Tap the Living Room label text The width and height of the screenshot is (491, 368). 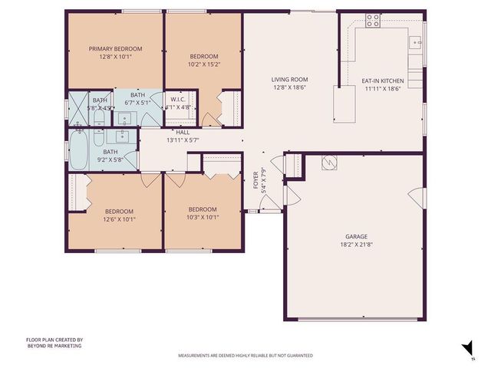(289, 79)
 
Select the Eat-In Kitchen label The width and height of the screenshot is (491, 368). (383, 79)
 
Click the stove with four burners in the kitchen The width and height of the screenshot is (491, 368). (373, 21)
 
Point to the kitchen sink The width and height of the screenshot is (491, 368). (415, 43)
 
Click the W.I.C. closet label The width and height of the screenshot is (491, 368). (178, 99)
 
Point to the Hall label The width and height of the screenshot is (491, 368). (183, 132)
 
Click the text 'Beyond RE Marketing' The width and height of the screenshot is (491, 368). (54, 346)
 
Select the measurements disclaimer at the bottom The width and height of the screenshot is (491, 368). (245, 356)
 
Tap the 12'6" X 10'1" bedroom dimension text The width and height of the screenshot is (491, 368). (120, 217)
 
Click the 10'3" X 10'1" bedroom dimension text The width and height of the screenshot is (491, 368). (203, 216)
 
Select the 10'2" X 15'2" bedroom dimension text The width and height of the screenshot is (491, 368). (204, 64)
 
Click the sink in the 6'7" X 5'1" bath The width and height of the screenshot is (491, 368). (124, 118)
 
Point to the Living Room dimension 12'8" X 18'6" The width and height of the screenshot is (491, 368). (289, 87)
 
